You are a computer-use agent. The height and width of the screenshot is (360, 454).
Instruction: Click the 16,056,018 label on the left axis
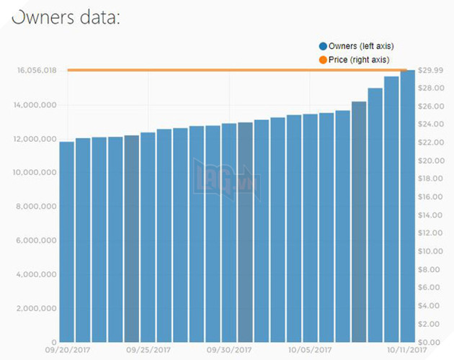pyautogui.click(x=38, y=71)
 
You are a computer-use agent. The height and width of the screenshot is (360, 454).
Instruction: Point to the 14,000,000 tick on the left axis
pyautogui.click(x=38, y=105)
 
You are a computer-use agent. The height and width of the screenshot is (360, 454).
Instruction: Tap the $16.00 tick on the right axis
pyautogui.click(x=435, y=197)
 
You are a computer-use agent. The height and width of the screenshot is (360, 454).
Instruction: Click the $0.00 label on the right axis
pyautogui.click(x=435, y=342)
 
